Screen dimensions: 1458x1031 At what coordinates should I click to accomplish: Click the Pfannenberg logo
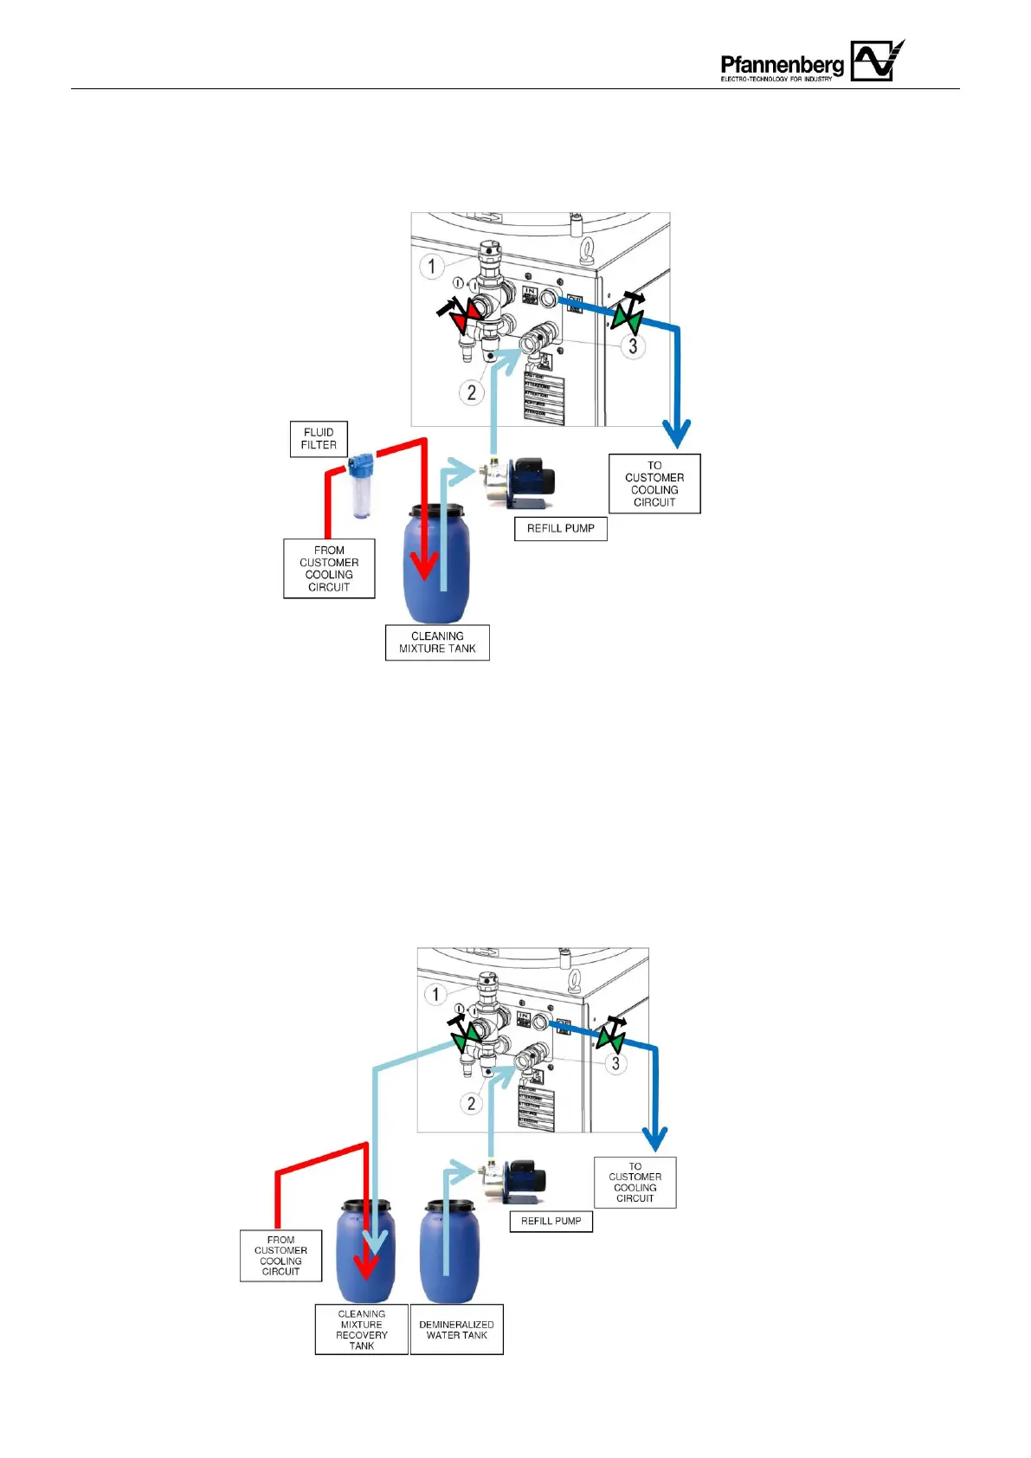click(x=812, y=61)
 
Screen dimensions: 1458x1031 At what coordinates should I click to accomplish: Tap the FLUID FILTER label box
click(x=319, y=439)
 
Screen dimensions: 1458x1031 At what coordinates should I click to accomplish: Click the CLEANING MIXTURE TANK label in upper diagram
click(x=437, y=642)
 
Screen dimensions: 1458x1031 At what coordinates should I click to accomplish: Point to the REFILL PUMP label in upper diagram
click(x=560, y=528)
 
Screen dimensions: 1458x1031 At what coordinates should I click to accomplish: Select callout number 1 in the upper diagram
click(x=432, y=266)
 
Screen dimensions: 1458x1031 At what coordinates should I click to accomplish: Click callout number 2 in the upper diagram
click(x=471, y=392)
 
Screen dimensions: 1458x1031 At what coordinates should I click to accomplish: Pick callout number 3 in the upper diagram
click(x=633, y=346)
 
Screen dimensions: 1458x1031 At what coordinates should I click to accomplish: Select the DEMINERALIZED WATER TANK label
click(x=456, y=1330)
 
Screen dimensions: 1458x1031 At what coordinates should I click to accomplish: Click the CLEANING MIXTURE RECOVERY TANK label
click(x=361, y=1330)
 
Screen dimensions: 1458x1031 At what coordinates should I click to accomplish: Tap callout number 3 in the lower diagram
click(x=615, y=1063)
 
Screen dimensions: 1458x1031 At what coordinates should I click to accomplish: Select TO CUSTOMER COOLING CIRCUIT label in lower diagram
click(x=635, y=1182)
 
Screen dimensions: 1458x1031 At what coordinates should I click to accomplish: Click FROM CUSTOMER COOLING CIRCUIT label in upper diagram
click(x=329, y=568)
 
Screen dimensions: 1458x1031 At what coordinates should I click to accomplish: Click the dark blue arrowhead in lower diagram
click(x=655, y=1139)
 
